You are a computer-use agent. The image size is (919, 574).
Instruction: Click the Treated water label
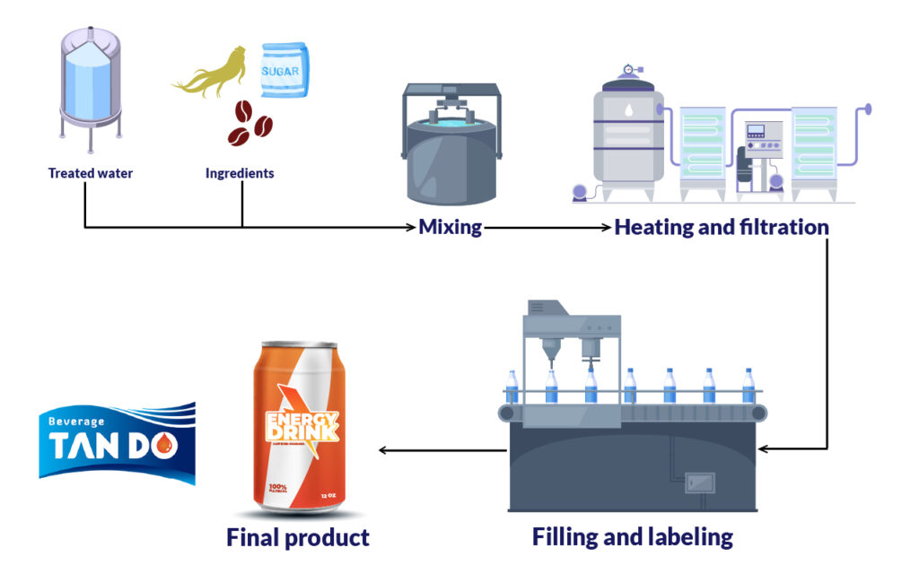pos(90,173)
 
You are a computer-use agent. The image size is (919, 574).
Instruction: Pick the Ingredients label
pos(240,173)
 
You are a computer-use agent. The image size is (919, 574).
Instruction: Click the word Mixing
pos(451,227)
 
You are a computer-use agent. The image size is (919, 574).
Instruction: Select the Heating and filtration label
pos(721,227)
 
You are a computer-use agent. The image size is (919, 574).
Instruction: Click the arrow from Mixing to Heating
pos(547,228)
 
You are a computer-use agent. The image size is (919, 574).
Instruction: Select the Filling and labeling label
pos(632,537)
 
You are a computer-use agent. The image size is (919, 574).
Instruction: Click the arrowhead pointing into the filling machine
pos(763,448)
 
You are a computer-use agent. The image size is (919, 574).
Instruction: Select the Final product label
pos(297,537)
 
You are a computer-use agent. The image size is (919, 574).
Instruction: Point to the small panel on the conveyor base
pos(699,482)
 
